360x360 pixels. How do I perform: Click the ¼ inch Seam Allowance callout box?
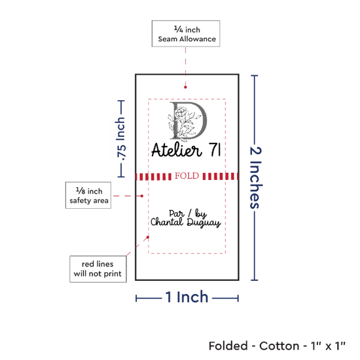point(186,34)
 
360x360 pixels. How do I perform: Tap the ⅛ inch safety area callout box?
point(88,196)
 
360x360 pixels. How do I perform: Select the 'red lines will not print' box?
point(98,269)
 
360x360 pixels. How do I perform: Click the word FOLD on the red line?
point(187,176)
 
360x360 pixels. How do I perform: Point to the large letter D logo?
point(188,121)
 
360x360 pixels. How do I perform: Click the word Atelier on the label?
point(176,150)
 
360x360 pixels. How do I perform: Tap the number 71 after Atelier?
point(215,149)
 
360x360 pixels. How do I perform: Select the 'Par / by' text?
point(188,213)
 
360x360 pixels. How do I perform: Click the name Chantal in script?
point(167,222)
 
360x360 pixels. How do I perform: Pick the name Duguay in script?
point(204,223)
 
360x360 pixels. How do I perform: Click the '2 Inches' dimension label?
point(255,177)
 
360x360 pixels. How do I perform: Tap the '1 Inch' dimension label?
point(187,297)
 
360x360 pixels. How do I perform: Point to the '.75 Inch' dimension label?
point(121,139)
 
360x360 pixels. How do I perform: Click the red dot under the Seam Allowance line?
point(185,87)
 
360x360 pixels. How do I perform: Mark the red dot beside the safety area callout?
point(142,196)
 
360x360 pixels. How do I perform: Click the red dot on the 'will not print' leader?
point(148,237)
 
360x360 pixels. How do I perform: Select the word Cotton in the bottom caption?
point(279,346)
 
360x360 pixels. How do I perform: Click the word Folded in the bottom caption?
point(228,346)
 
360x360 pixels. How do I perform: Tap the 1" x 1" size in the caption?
point(329,346)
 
